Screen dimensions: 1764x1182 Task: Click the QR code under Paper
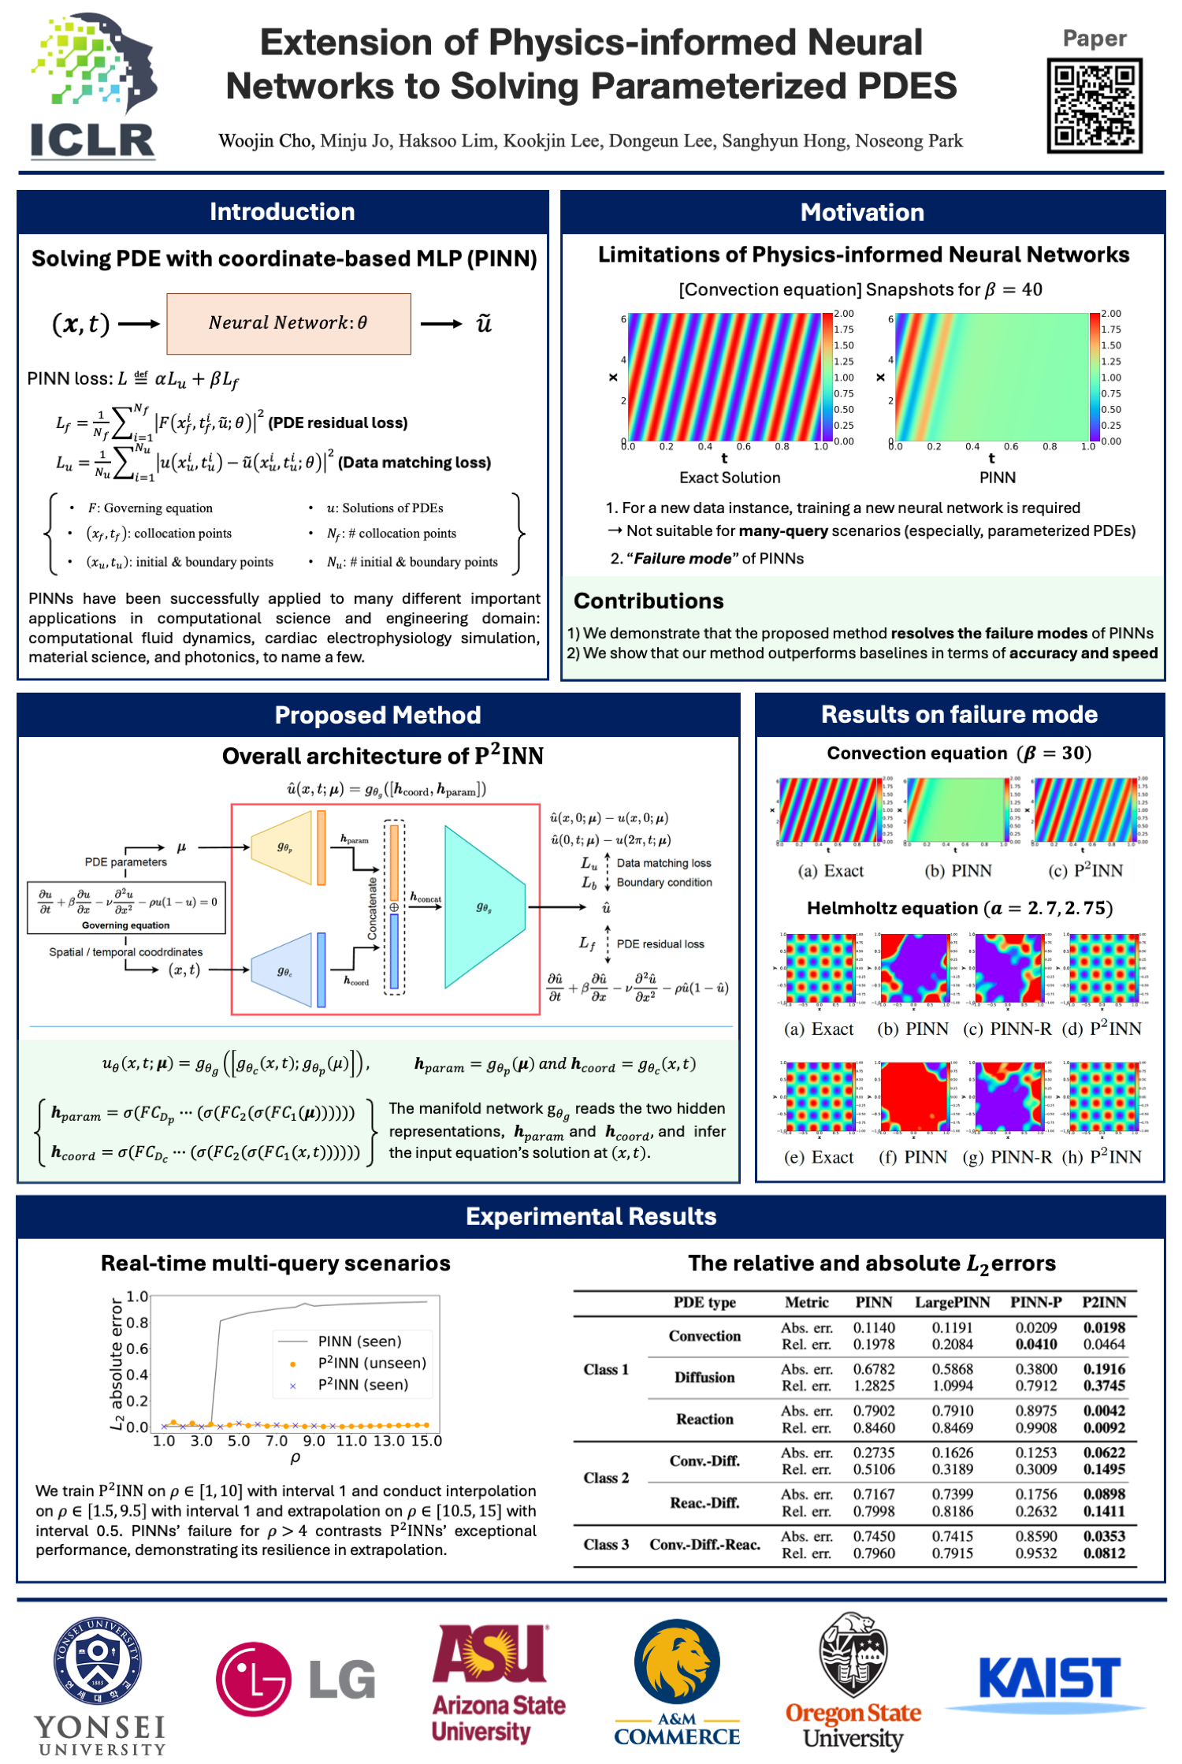coord(1094,105)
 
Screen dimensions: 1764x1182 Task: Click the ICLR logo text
coord(92,142)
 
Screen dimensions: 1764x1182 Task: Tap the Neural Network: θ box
coord(288,323)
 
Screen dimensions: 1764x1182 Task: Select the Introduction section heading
coord(282,212)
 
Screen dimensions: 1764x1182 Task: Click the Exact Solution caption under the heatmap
coord(730,478)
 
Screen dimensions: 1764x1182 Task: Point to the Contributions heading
coord(649,601)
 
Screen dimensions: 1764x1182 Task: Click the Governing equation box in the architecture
coord(126,907)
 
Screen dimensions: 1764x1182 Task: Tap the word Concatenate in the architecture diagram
coord(373,909)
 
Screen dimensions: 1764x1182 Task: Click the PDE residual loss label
coord(660,944)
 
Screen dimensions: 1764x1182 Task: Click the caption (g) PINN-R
coord(1007,1157)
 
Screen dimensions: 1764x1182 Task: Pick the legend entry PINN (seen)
coord(359,1342)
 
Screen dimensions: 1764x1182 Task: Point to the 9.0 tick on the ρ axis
coord(314,1441)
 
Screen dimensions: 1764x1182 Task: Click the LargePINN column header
coord(952,1302)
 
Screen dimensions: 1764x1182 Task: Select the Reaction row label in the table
coord(704,1419)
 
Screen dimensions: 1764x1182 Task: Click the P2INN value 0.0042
coord(1104,1411)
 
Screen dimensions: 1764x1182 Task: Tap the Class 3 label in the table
coord(606,1544)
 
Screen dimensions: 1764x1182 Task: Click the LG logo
coord(296,1679)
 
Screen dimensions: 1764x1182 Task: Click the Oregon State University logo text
coord(853,1726)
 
